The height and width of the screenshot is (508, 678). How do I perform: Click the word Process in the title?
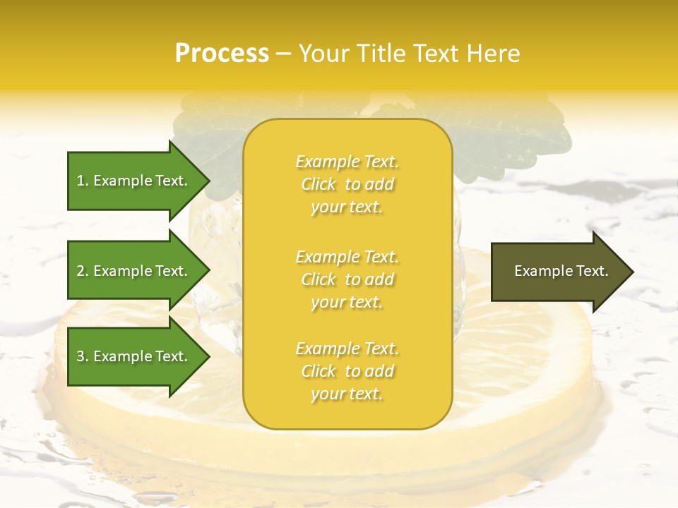pos(222,54)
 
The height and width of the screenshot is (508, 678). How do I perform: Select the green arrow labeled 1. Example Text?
pos(134,181)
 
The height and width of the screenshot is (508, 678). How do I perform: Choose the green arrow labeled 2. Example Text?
pos(134,271)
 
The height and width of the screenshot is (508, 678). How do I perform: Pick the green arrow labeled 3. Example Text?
pos(134,356)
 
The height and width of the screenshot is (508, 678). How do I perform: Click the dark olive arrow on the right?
pos(558,271)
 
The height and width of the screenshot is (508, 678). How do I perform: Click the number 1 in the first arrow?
pos(81,181)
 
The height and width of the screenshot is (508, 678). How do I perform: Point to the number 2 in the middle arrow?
pos(81,271)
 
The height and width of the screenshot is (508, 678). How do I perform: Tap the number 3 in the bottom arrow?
pos(81,356)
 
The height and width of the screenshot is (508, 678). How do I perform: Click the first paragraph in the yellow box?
pos(347,184)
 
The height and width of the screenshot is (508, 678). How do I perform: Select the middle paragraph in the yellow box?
pos(347,279)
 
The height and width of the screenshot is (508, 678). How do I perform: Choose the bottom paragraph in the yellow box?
pos(347,371)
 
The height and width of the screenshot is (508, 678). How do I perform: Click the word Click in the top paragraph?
pos(319,184)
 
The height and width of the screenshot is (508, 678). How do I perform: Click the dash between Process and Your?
pos(283,54)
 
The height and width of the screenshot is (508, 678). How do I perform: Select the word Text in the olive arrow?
pos(593,271)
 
